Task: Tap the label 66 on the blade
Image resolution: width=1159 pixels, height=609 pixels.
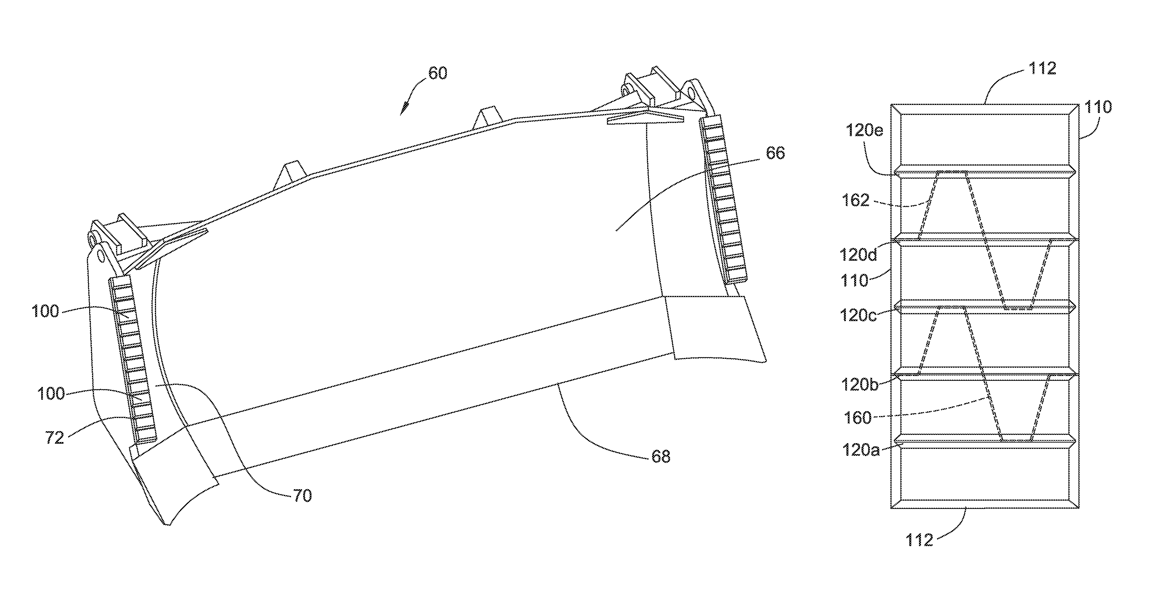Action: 775,153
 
